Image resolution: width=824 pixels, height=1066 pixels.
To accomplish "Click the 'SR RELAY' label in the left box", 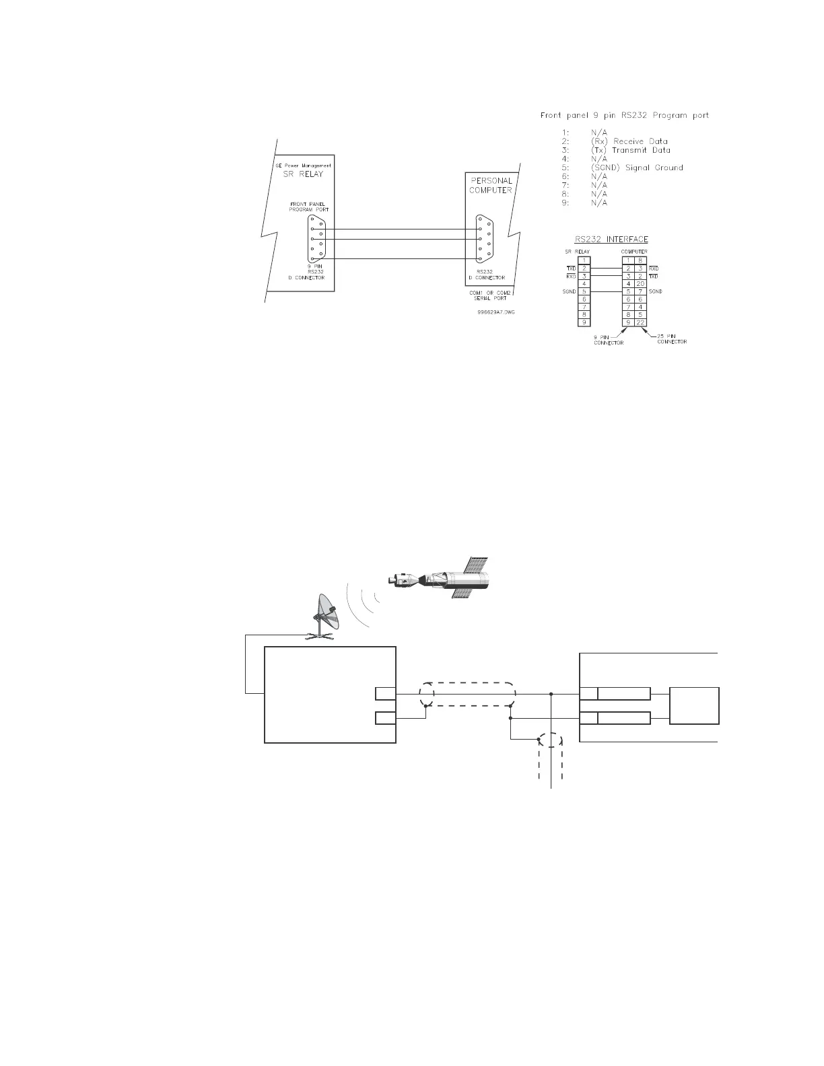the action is [306, 174].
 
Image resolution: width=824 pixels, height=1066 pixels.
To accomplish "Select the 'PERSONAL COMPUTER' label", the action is [490, 185].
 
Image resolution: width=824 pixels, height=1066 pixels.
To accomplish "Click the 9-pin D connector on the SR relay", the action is [316, 239].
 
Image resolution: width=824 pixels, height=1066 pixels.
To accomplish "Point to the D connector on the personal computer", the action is [482, 238].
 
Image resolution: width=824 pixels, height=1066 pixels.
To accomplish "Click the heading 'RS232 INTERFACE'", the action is [611, 239].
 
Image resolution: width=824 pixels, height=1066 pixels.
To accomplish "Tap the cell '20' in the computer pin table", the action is [641, 283].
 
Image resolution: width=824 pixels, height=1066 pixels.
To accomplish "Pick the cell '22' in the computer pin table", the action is [641, 322].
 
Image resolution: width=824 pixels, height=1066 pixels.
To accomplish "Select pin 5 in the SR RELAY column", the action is [585, 291].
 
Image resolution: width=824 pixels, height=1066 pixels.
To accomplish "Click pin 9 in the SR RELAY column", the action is [585, 322].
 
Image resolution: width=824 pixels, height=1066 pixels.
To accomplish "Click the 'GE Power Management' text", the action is [306, 165].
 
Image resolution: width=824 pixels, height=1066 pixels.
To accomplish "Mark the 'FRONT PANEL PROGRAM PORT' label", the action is [309, 207].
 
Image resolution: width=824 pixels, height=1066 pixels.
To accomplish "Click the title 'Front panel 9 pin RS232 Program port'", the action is [624, 115].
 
